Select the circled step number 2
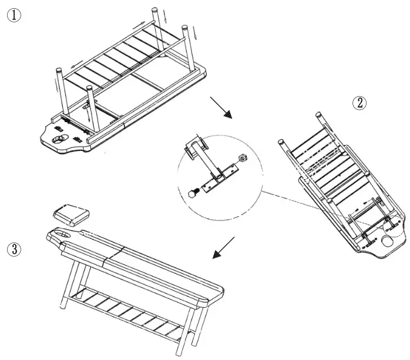point(359,103)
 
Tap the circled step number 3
point(14,248)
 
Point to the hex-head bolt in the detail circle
point(193,193)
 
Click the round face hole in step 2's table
point(388,241)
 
